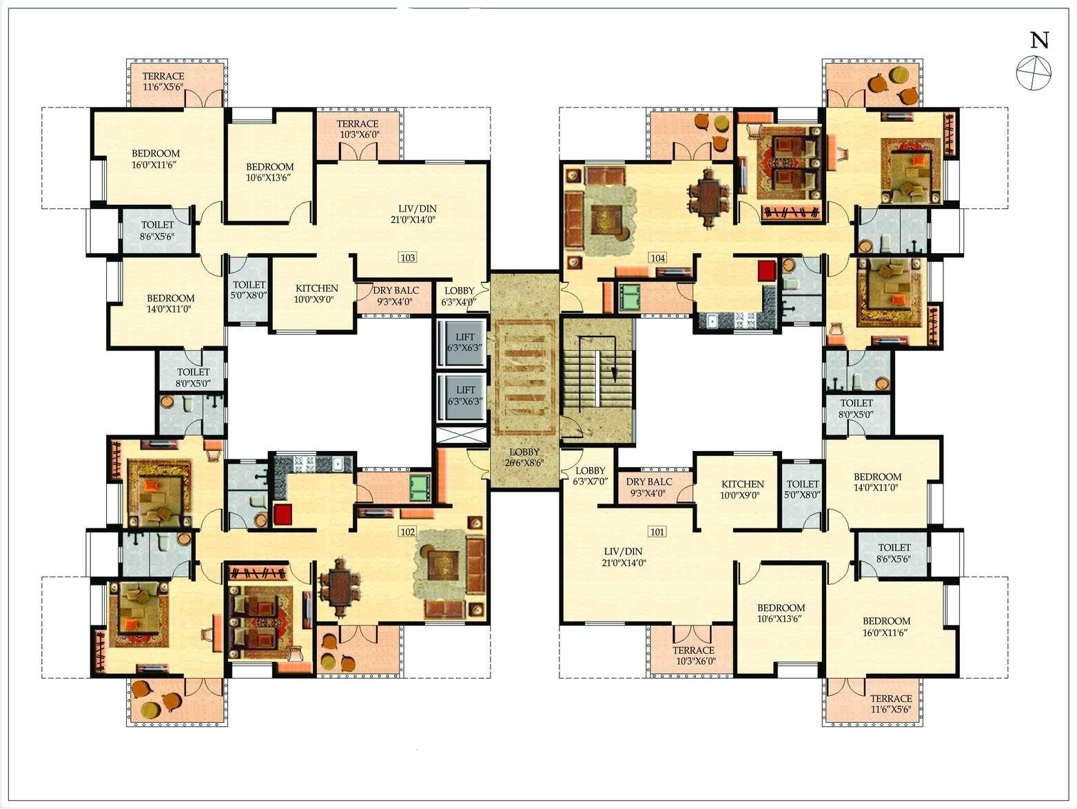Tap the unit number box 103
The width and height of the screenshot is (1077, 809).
tap(408, 257)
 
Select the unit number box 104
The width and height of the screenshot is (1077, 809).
tap(657, 257)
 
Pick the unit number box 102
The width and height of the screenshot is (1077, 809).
tap(408, 532)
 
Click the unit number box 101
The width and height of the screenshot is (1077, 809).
tap(657, 532)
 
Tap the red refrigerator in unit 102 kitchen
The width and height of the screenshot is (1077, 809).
tap(283, 515)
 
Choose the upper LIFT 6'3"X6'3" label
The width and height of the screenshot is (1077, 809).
tap(465, 343)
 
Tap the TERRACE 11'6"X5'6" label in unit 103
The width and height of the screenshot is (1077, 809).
tap(163, 81)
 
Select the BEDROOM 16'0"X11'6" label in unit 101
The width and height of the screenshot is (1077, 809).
tap(886, 626)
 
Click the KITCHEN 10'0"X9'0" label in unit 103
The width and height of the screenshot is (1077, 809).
tap(317, 294)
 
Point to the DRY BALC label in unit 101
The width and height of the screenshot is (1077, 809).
tap(649, 487)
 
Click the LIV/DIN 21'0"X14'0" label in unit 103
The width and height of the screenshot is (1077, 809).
tap(418, 214)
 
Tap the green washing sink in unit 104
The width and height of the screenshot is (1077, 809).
tap(629, 297)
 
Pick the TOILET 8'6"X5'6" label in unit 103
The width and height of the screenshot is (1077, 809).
tap(158, 230)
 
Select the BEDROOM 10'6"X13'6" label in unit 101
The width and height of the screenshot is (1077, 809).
tap(781, 613)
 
